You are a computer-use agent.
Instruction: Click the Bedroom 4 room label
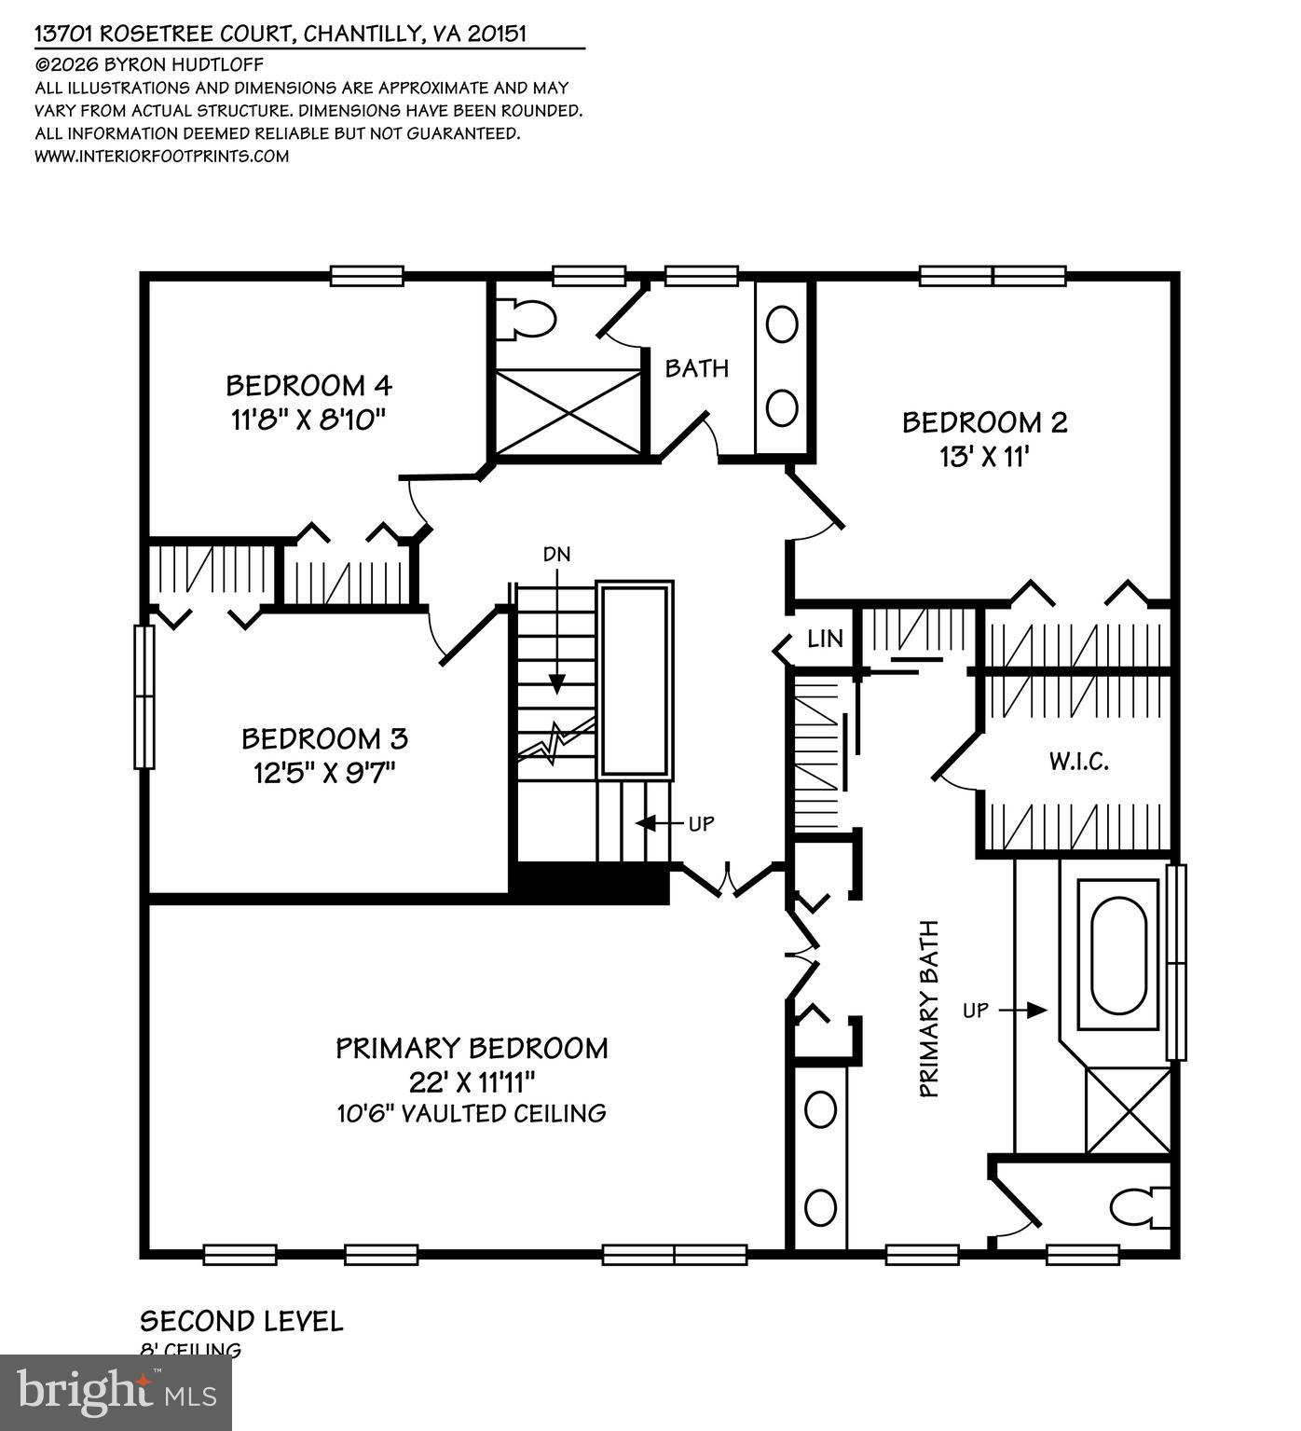click(308, 385)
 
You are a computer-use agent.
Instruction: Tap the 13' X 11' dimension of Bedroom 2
click(983, 457)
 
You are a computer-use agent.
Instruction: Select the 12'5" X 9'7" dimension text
click(324, 774)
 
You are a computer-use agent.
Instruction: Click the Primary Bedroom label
click(472, 1048)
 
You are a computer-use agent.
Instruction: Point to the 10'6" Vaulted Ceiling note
click(472, 1113)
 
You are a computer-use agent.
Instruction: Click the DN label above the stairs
click(557, 555)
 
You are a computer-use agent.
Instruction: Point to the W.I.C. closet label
click(1078, 763)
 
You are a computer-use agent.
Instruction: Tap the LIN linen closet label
click(825, 639)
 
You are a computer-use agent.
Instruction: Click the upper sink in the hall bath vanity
click(781, 324)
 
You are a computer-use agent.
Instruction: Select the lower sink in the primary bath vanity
click(820, 1208)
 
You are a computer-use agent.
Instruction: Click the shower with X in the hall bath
click(568, 412)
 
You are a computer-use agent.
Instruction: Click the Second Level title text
click(241, 1321)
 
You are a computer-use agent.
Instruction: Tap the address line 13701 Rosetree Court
click(281, 34)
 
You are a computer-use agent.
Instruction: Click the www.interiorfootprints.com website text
click(161, 156)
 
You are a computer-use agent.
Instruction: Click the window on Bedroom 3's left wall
click(144, 696)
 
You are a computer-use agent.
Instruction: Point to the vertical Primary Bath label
click(929, 1009)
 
